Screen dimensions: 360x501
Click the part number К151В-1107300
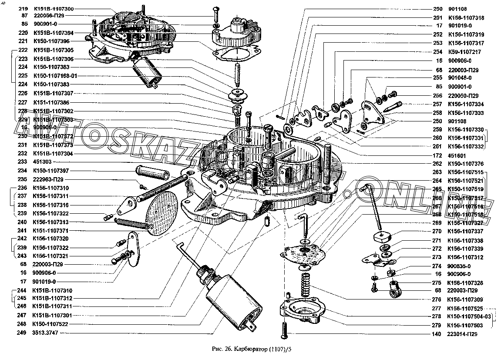(53, 9)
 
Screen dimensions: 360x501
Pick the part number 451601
(456, 155)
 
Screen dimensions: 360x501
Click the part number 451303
(42, 161)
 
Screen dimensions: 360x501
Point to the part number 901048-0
(460, 77)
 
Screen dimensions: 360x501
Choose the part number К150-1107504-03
(469, 316)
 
